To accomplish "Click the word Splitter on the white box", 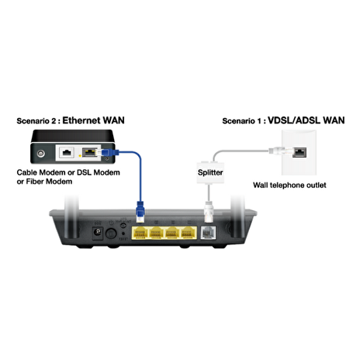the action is (210, 172).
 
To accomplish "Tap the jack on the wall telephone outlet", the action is (299, 152).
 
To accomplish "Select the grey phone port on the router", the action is (208, 233).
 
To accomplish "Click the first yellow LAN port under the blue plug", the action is (140, 233).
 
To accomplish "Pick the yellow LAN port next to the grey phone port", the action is (189, 233).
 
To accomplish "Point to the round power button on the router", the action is (111, 234).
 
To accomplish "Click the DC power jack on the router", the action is (98, 232).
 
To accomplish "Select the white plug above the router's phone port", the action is (209, 212).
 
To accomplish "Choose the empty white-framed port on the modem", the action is (67, 152).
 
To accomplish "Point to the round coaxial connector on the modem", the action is (41, 154).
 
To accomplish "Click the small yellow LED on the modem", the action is (80, 156).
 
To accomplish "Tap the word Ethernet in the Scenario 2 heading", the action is (81, 120).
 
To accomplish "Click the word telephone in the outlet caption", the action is (287, 185).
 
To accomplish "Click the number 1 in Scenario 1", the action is (261, 121).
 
